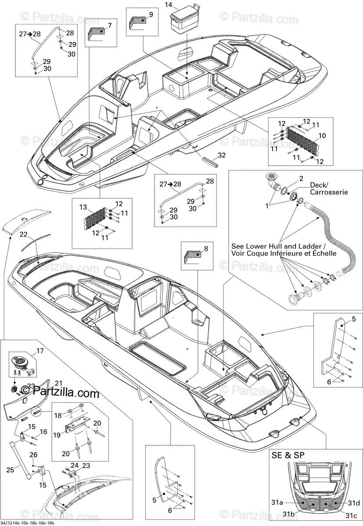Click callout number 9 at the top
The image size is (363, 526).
(151, 14)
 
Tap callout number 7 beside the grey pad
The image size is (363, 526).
(110, 25)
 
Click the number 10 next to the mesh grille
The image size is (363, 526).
(322, 136)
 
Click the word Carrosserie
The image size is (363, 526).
(329, 192)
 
